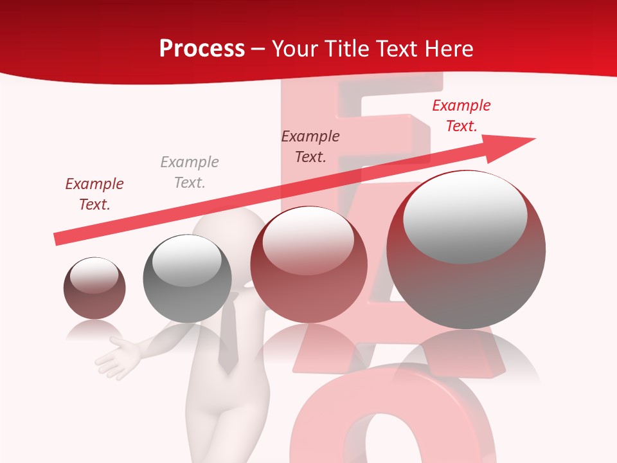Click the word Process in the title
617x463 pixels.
pos(202,49)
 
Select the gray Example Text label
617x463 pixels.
pos(190,172)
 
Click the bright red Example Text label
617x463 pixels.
pos(461,116)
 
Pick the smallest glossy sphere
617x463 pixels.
pos(94,288)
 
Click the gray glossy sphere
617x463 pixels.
pos(187,278)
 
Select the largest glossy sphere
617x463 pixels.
pos(466,250)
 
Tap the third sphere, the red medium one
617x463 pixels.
pos(308,264)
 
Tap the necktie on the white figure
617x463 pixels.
pos(227,341)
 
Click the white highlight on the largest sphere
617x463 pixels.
pos(465,217)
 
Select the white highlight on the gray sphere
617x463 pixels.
pos(187,260)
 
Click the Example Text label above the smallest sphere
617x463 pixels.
pos(94,194)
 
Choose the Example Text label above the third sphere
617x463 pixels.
pos(310,146)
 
